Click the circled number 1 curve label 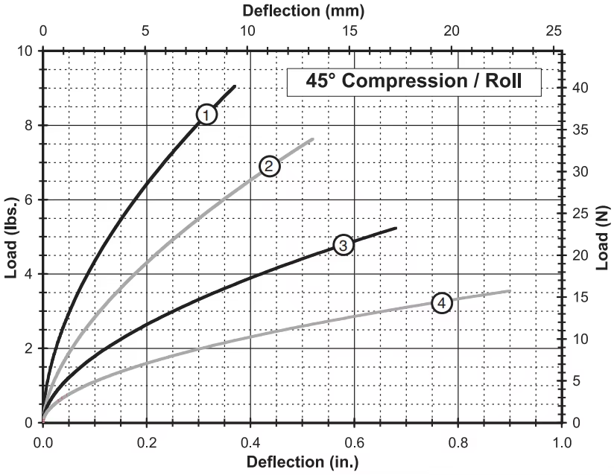click(206, 114)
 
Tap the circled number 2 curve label click(269, 166)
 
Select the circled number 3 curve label click(342, 245)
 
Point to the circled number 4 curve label click(442, 303)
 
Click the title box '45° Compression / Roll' click(414, 81)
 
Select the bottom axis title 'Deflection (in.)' click(303, 462)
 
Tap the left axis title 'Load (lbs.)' click(11, 237)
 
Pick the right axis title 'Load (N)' click(603, 237)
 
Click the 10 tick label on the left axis click(27, 51)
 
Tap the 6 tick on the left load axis click(31, 200)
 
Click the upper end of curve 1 click(235, 86)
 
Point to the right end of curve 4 click(510, 290)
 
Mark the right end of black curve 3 click(396, 228)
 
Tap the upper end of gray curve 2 click(313, 139)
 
